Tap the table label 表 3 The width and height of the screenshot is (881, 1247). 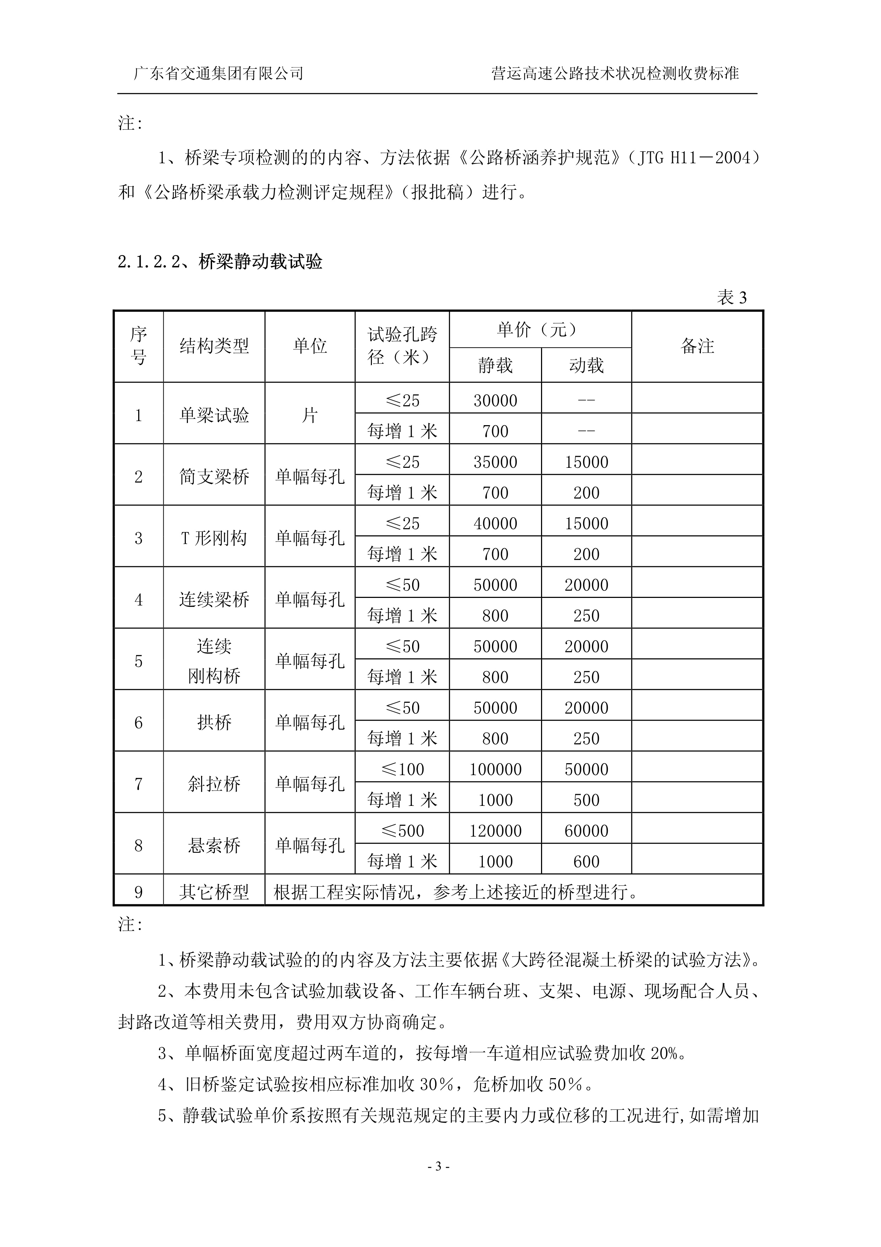[x=732, y=297]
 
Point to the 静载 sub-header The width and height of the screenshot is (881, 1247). [x=495, y=365]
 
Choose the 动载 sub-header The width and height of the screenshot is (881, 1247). [x=586, y=365]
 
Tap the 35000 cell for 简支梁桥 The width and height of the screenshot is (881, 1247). [x=495, y=462]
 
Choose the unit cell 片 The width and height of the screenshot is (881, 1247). [x=309, y=416]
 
